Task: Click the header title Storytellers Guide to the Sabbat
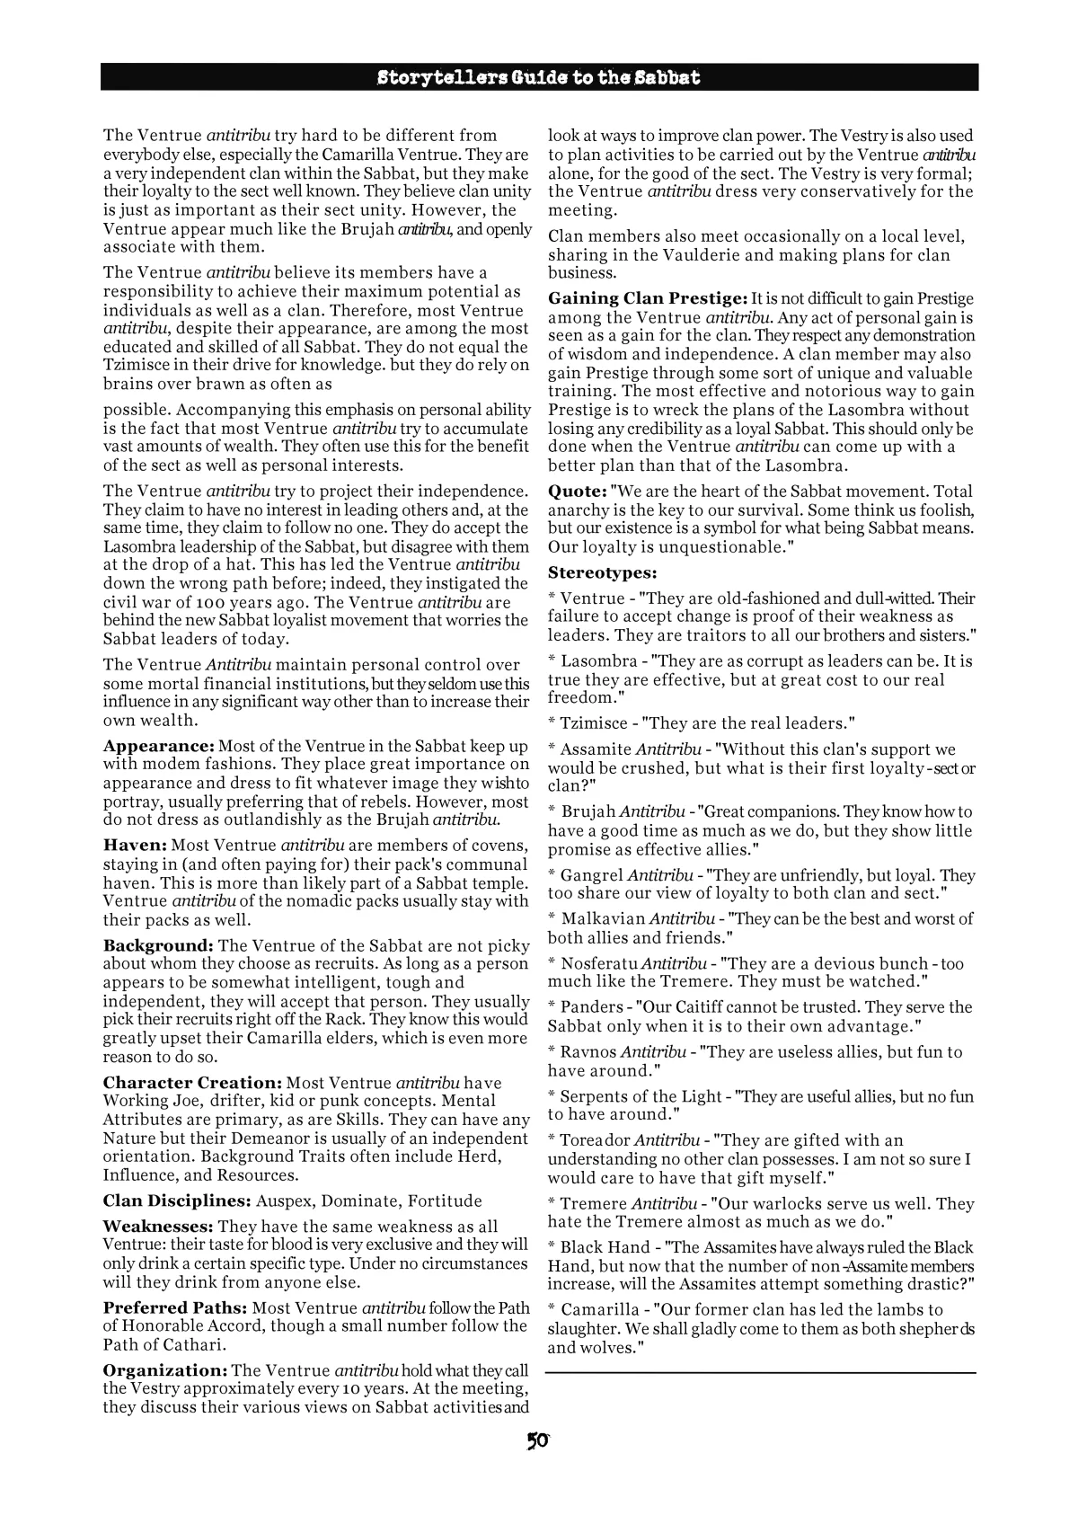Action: [539, 77]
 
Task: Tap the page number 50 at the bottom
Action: [538, 1441]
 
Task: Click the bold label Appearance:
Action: [158, 746]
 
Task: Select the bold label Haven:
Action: [135, 845]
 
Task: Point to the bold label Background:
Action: [158, 945]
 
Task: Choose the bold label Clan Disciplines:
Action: [176, 1201]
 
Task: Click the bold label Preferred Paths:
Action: [175, 1307]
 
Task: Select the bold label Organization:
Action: [165, 1370]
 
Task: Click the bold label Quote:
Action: [577, 492]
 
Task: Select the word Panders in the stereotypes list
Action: [591, 1007]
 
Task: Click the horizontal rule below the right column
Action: [760, 1372]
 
